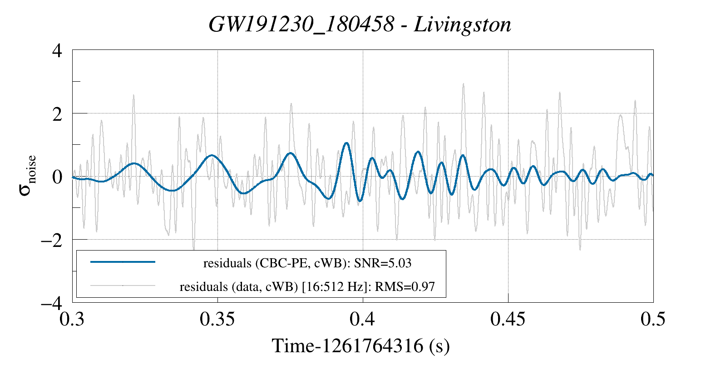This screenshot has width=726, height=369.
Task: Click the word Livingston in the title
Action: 463,25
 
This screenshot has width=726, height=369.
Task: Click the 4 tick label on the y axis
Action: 57,51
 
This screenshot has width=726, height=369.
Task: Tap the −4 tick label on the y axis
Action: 52,303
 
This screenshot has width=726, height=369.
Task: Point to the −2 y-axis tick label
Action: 52,240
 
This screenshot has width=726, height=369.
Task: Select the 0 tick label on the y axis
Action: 57,177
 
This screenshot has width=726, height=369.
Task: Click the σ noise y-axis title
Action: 28,175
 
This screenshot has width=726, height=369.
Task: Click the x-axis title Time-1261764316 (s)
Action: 361,346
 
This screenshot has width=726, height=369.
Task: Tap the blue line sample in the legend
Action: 123,262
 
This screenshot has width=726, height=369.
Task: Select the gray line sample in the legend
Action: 123,285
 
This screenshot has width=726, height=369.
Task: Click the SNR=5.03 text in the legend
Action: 382,263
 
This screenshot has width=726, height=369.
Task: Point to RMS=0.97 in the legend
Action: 405,287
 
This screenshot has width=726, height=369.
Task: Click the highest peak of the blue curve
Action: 346,143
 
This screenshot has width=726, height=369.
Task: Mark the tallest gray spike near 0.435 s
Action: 464,84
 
